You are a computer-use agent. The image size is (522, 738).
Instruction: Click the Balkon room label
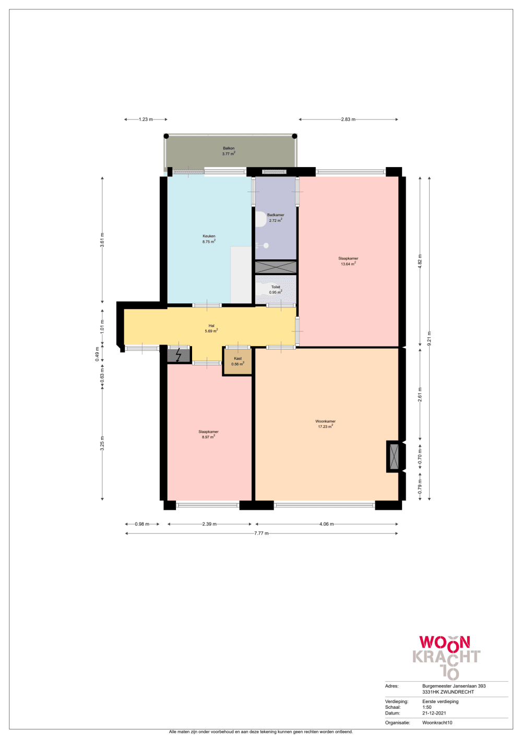tap(229, 151)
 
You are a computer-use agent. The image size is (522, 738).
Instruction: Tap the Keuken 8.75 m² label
tap(209, 239)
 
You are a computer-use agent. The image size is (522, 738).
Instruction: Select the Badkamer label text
tap(276, 215)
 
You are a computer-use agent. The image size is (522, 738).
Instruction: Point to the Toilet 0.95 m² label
tap(276, 289)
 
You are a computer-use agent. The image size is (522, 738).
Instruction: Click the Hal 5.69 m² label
tap(211, 328)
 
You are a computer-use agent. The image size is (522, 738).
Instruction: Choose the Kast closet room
tap(238, 361)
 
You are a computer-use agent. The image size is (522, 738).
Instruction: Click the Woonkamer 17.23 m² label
tap(325, 424)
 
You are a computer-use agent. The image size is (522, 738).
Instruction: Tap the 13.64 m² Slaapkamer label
tap(348, 261)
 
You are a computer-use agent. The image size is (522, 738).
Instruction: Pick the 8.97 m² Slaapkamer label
tap(208, 434)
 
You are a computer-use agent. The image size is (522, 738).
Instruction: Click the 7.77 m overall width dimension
tap(262, 533)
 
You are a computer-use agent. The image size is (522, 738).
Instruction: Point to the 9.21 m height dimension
tap(429, 339)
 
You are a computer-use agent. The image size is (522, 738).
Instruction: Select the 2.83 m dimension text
tap(348, 120)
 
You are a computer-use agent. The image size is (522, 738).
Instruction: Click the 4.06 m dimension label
tap(327, 524)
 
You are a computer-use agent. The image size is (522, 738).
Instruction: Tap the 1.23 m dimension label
tap(146, 120)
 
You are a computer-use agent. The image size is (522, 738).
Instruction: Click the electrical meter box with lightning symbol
tap(179, 355)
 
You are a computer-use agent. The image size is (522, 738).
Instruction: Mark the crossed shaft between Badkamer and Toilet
tap(276, 267)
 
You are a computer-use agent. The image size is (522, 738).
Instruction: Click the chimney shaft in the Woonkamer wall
tap(394, 457)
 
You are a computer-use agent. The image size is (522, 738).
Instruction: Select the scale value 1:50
tap(427, 707)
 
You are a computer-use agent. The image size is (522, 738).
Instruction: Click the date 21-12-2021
tap(434, 713)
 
